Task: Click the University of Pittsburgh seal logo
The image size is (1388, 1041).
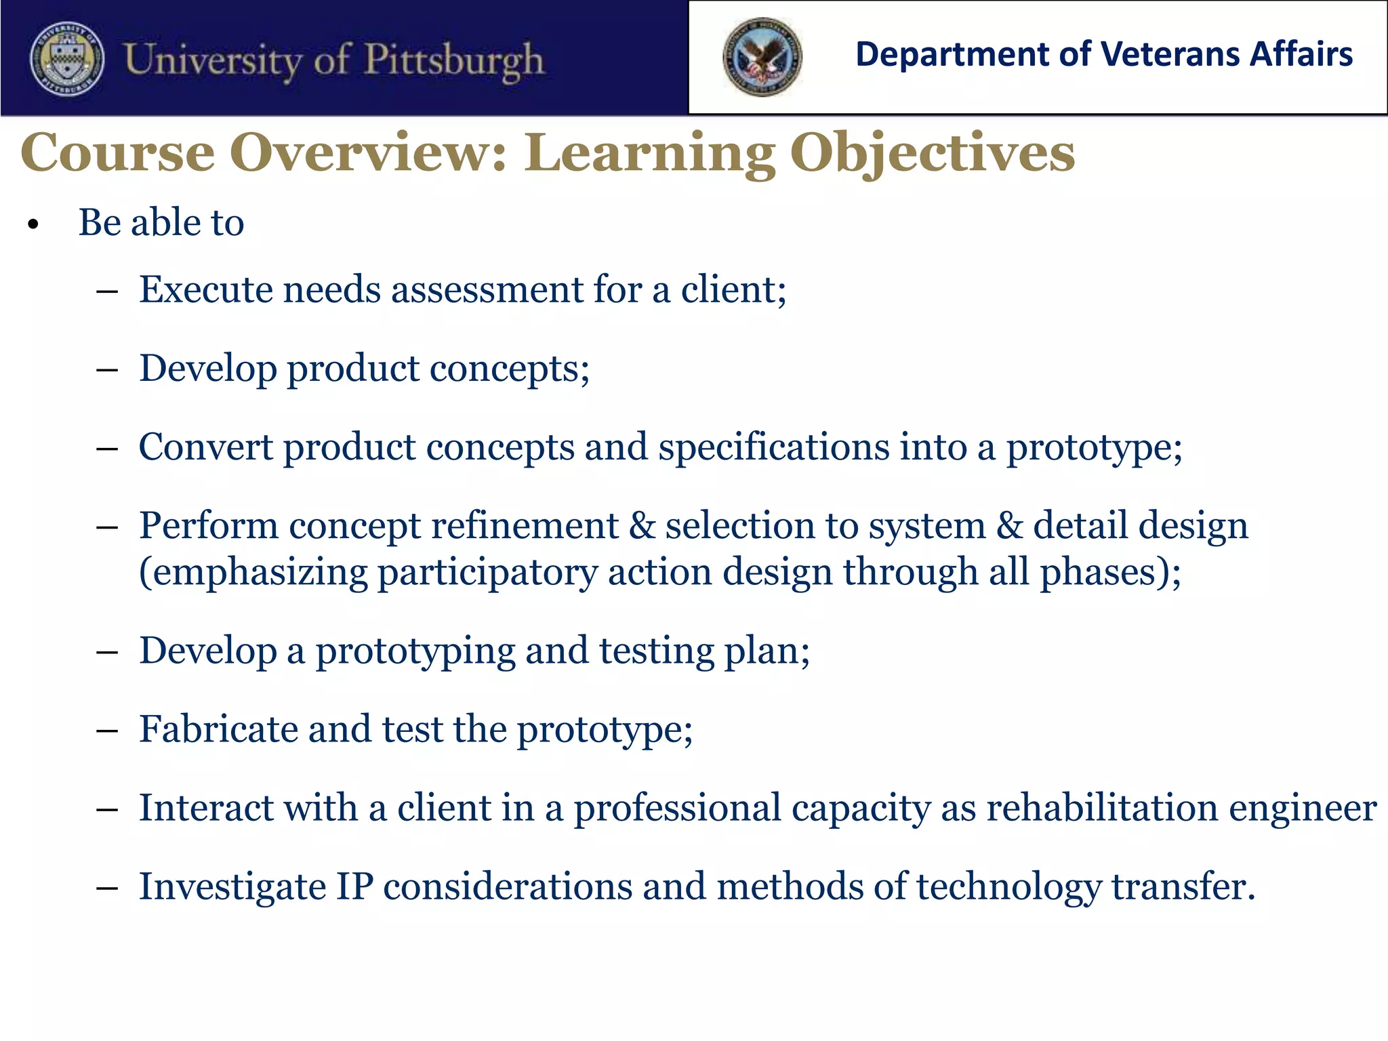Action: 67,60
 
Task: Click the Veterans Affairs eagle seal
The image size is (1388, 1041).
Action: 762,57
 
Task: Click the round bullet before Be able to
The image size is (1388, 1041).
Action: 34,225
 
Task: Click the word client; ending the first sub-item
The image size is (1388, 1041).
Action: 733,290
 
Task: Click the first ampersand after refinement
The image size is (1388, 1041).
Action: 642,527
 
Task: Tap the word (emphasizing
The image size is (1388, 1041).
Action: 253,573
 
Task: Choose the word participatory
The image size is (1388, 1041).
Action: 487,573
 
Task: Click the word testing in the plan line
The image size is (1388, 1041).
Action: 656,652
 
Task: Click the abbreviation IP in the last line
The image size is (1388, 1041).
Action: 354,887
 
